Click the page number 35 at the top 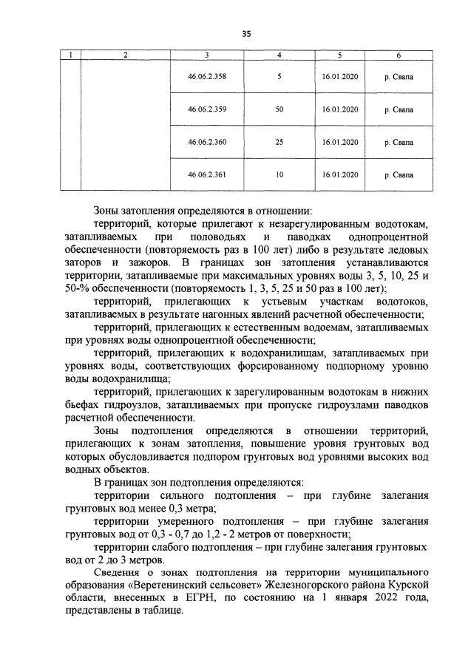click(245, 33)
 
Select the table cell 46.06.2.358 click(207, 76)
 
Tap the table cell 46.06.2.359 click(207, 109)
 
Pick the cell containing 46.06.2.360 click(207, 142)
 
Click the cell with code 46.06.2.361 click(207, 174)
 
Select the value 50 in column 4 click(279, 109)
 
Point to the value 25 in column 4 click(279, 142)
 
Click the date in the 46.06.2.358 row click(340, 76)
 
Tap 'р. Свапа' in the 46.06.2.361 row click(399, 174)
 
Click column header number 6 click(399, 55)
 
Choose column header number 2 click(125, 55)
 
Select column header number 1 click(70, 55)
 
